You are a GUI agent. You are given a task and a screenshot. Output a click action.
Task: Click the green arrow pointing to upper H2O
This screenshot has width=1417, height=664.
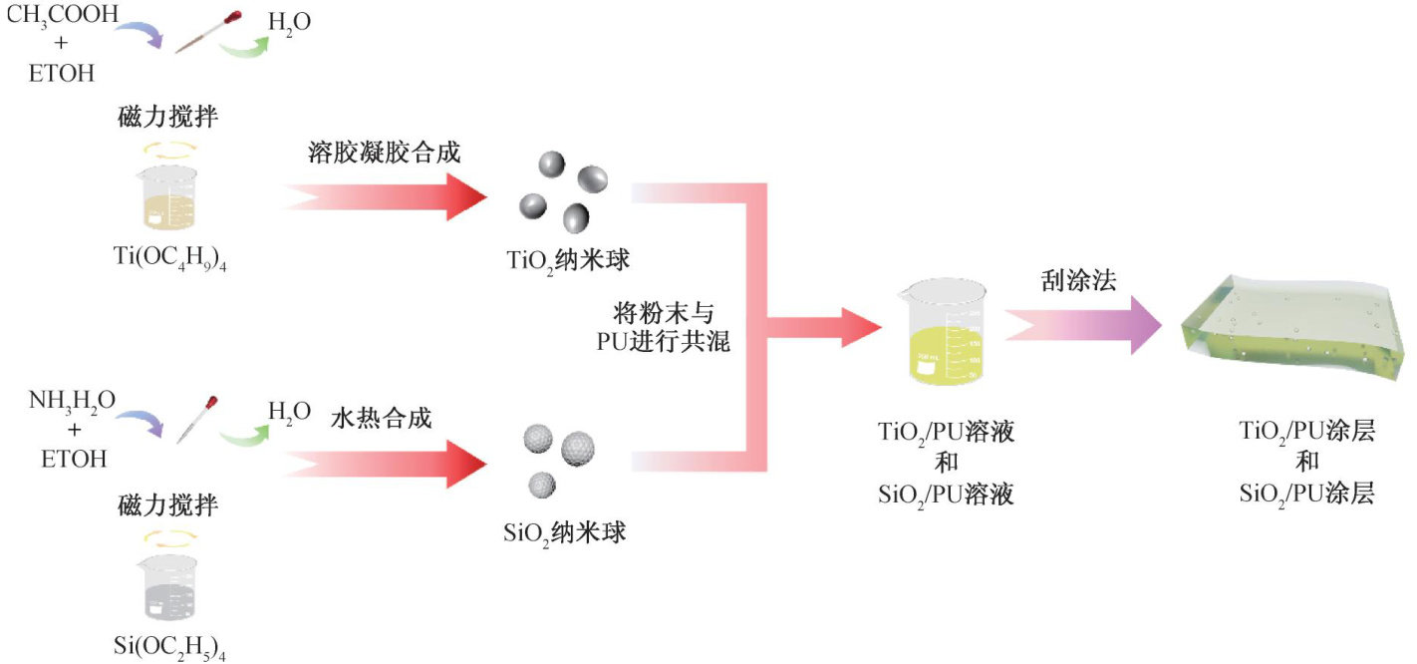point(245,45)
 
